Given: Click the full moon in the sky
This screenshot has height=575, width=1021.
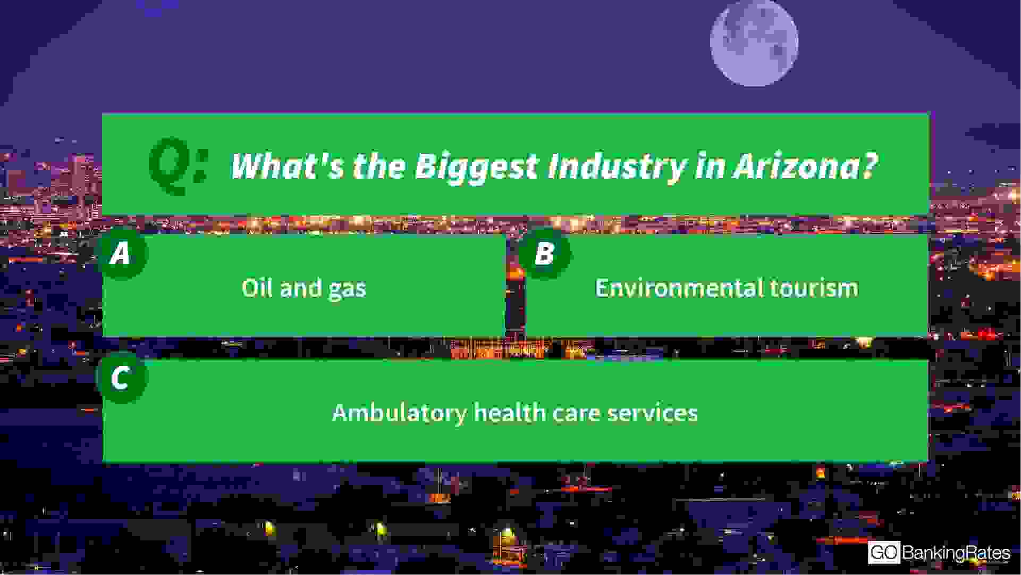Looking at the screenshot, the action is click(754, 43).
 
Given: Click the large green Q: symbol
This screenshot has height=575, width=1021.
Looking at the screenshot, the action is click(178, 166).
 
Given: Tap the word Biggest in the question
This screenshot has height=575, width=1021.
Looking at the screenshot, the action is click(476, 167).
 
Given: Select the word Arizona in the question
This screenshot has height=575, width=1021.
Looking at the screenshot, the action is click(805, 166).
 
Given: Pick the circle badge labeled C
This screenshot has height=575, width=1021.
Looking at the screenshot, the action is click(121, 378).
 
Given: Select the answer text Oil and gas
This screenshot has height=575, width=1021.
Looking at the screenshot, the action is click(304, 288).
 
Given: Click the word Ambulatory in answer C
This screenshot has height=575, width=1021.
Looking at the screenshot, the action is click(399, 413).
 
